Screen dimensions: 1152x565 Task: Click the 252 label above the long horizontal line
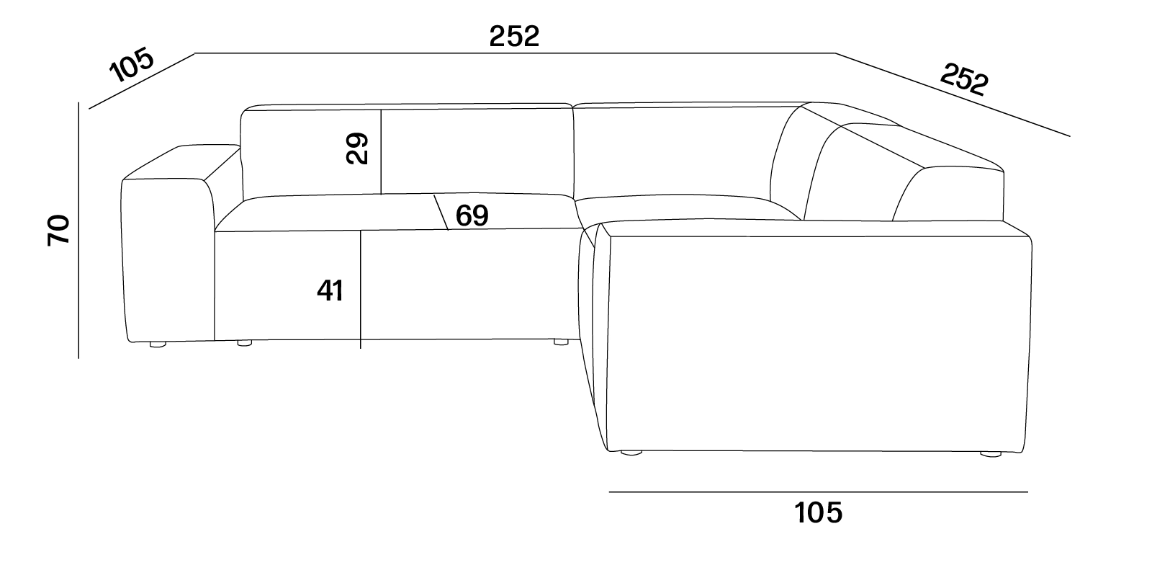(514, 37)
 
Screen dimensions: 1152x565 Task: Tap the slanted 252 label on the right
(964, 79)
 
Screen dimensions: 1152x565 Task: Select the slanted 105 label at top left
(132, 65)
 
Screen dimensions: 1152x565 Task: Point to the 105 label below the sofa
(819, 512)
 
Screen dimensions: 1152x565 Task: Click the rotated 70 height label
(58, 230)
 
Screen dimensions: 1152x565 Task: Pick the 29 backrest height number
(357, 148)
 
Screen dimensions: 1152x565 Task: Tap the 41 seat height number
(330, 290)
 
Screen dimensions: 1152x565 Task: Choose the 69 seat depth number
(472, 215)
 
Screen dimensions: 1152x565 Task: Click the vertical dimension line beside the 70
(78, 230)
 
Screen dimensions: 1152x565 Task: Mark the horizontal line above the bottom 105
(819, 492)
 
